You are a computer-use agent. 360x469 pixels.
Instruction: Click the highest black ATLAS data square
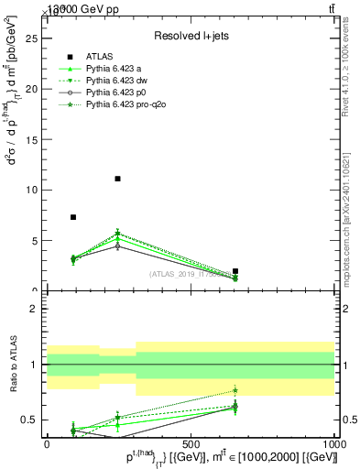click(117, 179)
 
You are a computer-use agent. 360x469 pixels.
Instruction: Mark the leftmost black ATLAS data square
click(73, 217)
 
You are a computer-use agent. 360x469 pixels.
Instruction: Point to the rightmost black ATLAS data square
click(235, 271)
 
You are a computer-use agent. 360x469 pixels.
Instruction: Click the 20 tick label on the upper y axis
click(35, 89)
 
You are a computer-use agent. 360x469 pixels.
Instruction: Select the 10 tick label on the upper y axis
click(35, 190)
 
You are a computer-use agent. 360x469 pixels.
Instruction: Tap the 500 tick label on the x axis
click(191, 443)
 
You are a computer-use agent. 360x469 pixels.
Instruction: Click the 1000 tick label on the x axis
click(334, 443)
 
